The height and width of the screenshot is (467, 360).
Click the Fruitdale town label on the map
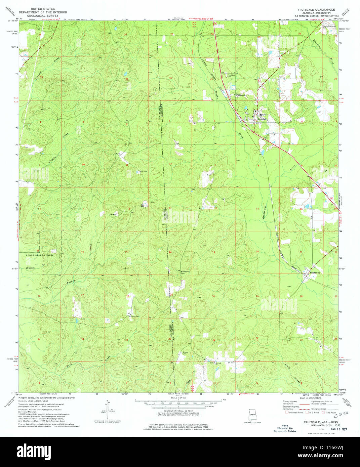(263, 119)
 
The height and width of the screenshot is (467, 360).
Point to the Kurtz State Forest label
(40, 255)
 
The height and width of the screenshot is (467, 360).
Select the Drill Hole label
(144, 171)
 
